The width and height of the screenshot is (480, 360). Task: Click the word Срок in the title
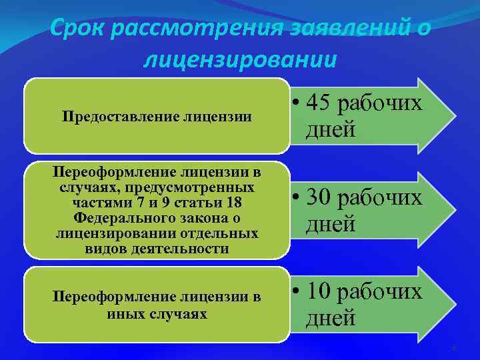coord(79,29)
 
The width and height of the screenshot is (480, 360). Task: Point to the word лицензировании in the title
coord(240,59)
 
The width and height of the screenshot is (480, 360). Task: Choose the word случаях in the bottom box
coord(173,313)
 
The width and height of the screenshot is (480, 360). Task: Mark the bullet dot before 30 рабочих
coord(297,199)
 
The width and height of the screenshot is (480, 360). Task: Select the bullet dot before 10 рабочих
coord(297,293)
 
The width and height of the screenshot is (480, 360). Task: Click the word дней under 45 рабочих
coord(331,129)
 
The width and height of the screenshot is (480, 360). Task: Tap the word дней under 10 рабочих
coord(331,318)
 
